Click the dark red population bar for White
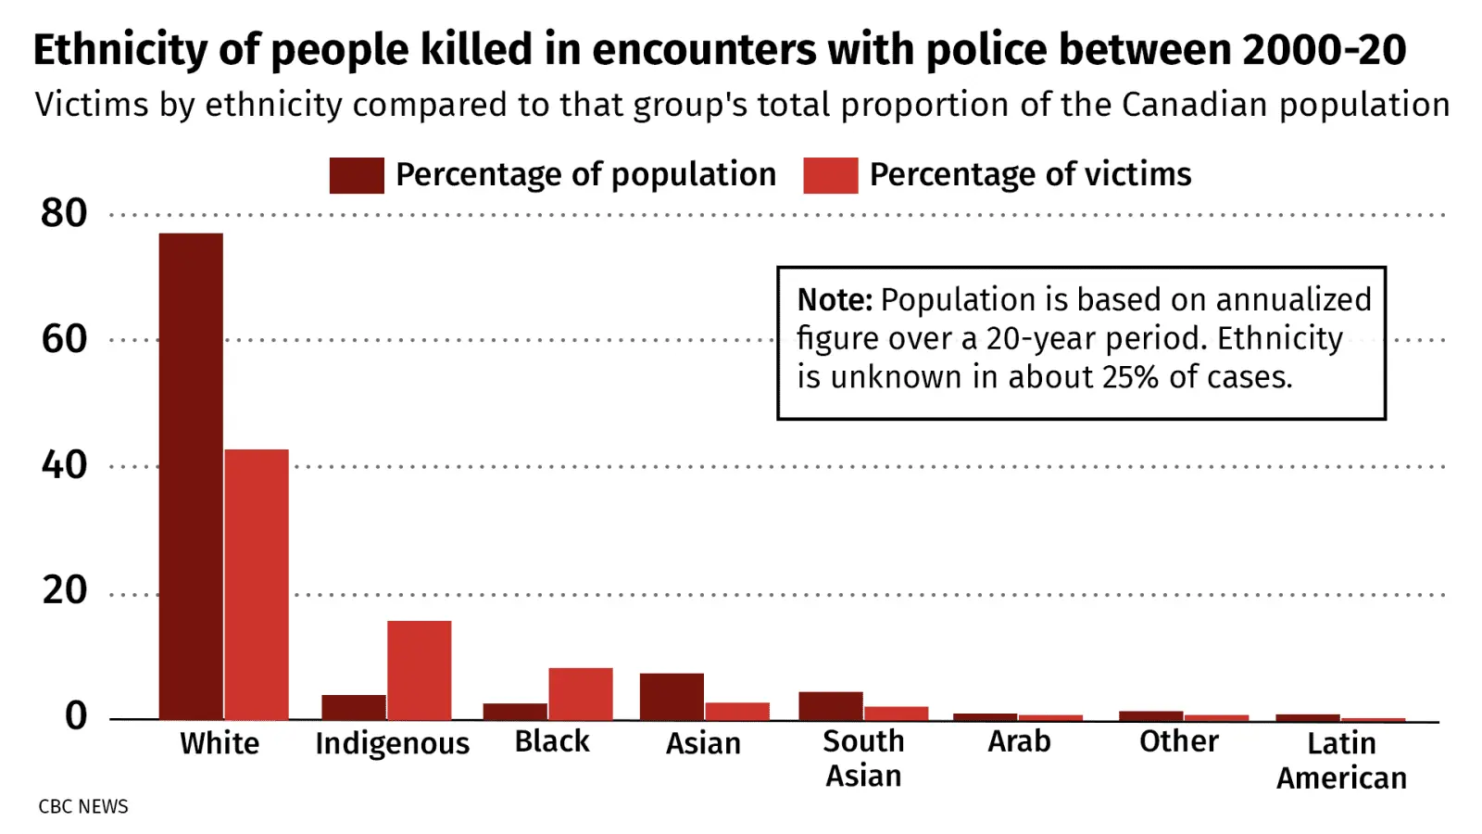[x=191, y=476]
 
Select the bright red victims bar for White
[x=257, y=585]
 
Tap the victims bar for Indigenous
[x=420, y=670]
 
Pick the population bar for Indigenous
[x=354, y=707]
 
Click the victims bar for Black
[x=580, y=693]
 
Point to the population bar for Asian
[x=672, y=696]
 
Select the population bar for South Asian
[x=831, y=705]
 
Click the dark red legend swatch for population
[x=357, y=175]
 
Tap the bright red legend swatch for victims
[x=830, y=175]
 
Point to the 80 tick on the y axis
[x=64, y=213]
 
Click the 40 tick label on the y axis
[x=64, y=464]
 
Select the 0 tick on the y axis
[x=76, y=715]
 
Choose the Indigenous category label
[x=392, y=743]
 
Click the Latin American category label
[x=1341, y=760]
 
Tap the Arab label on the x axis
[x=1019, y=741]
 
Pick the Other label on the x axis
[x=1178, y=741]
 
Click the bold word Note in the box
[x=835, y=300]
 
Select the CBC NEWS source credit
[x=83, y=806]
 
